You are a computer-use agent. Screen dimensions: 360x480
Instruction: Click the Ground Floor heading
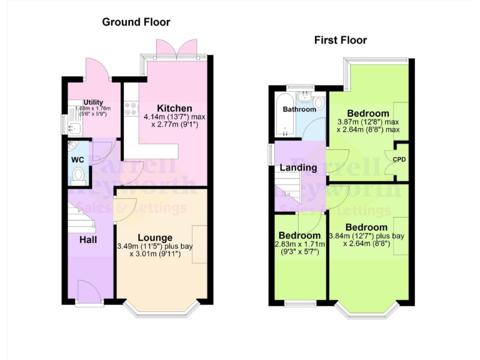click(136, 22)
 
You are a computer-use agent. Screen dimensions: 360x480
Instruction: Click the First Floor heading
click(341, 40)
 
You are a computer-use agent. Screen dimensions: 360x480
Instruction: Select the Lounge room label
click(155, 237)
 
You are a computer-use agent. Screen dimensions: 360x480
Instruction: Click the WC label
click(78, 160)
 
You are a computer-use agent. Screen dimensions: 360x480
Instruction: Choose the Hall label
click(87, 239)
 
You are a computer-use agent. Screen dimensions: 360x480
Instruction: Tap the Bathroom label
click(299, 109)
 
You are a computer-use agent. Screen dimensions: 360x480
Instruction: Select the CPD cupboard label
click(399, 159)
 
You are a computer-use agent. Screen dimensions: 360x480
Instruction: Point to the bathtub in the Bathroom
click(281, 116)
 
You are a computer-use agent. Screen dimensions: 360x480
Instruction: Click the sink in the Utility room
click(75, 128)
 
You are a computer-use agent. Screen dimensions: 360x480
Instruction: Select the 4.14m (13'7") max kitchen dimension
click(174, 117)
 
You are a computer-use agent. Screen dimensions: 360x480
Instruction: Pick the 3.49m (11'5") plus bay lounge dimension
click(156, 246)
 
